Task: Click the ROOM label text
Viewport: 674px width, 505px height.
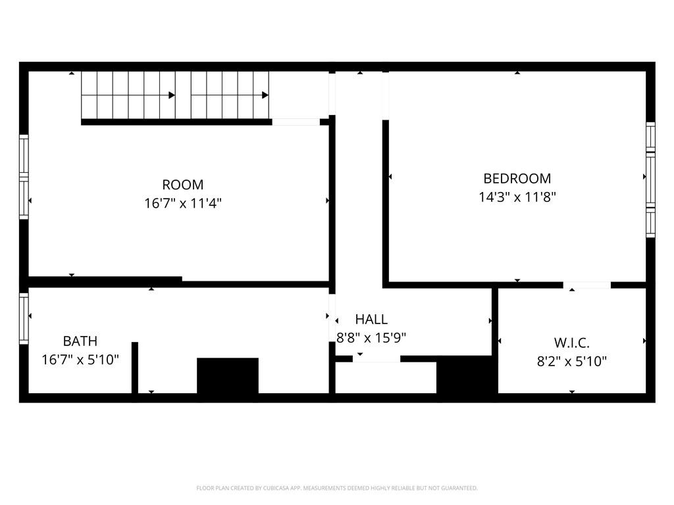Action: point(183,185)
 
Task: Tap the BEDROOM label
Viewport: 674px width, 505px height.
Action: point(517,178)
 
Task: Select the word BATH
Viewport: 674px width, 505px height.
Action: point(80,341)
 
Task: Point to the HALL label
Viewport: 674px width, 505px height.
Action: point(371,320)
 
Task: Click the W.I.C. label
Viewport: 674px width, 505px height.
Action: point(571,343)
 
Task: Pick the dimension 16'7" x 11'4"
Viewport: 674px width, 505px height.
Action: point(183,203)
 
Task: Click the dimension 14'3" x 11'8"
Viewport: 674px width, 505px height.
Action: point(517,197)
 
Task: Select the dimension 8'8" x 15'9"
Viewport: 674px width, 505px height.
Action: point(371,338)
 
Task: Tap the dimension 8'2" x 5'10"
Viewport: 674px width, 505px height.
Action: point(571,361)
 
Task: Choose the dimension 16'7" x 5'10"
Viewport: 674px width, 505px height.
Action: point(80,360)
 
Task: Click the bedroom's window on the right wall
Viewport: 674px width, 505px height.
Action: point(650,180)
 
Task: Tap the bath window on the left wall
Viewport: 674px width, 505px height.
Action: point(24,318)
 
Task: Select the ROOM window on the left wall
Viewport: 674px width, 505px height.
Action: point(24,176)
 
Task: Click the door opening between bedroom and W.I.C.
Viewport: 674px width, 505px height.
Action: point(587,285)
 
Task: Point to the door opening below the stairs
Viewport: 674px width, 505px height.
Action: point(296,122)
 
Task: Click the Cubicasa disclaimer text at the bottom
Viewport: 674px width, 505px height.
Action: point(337,488)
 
